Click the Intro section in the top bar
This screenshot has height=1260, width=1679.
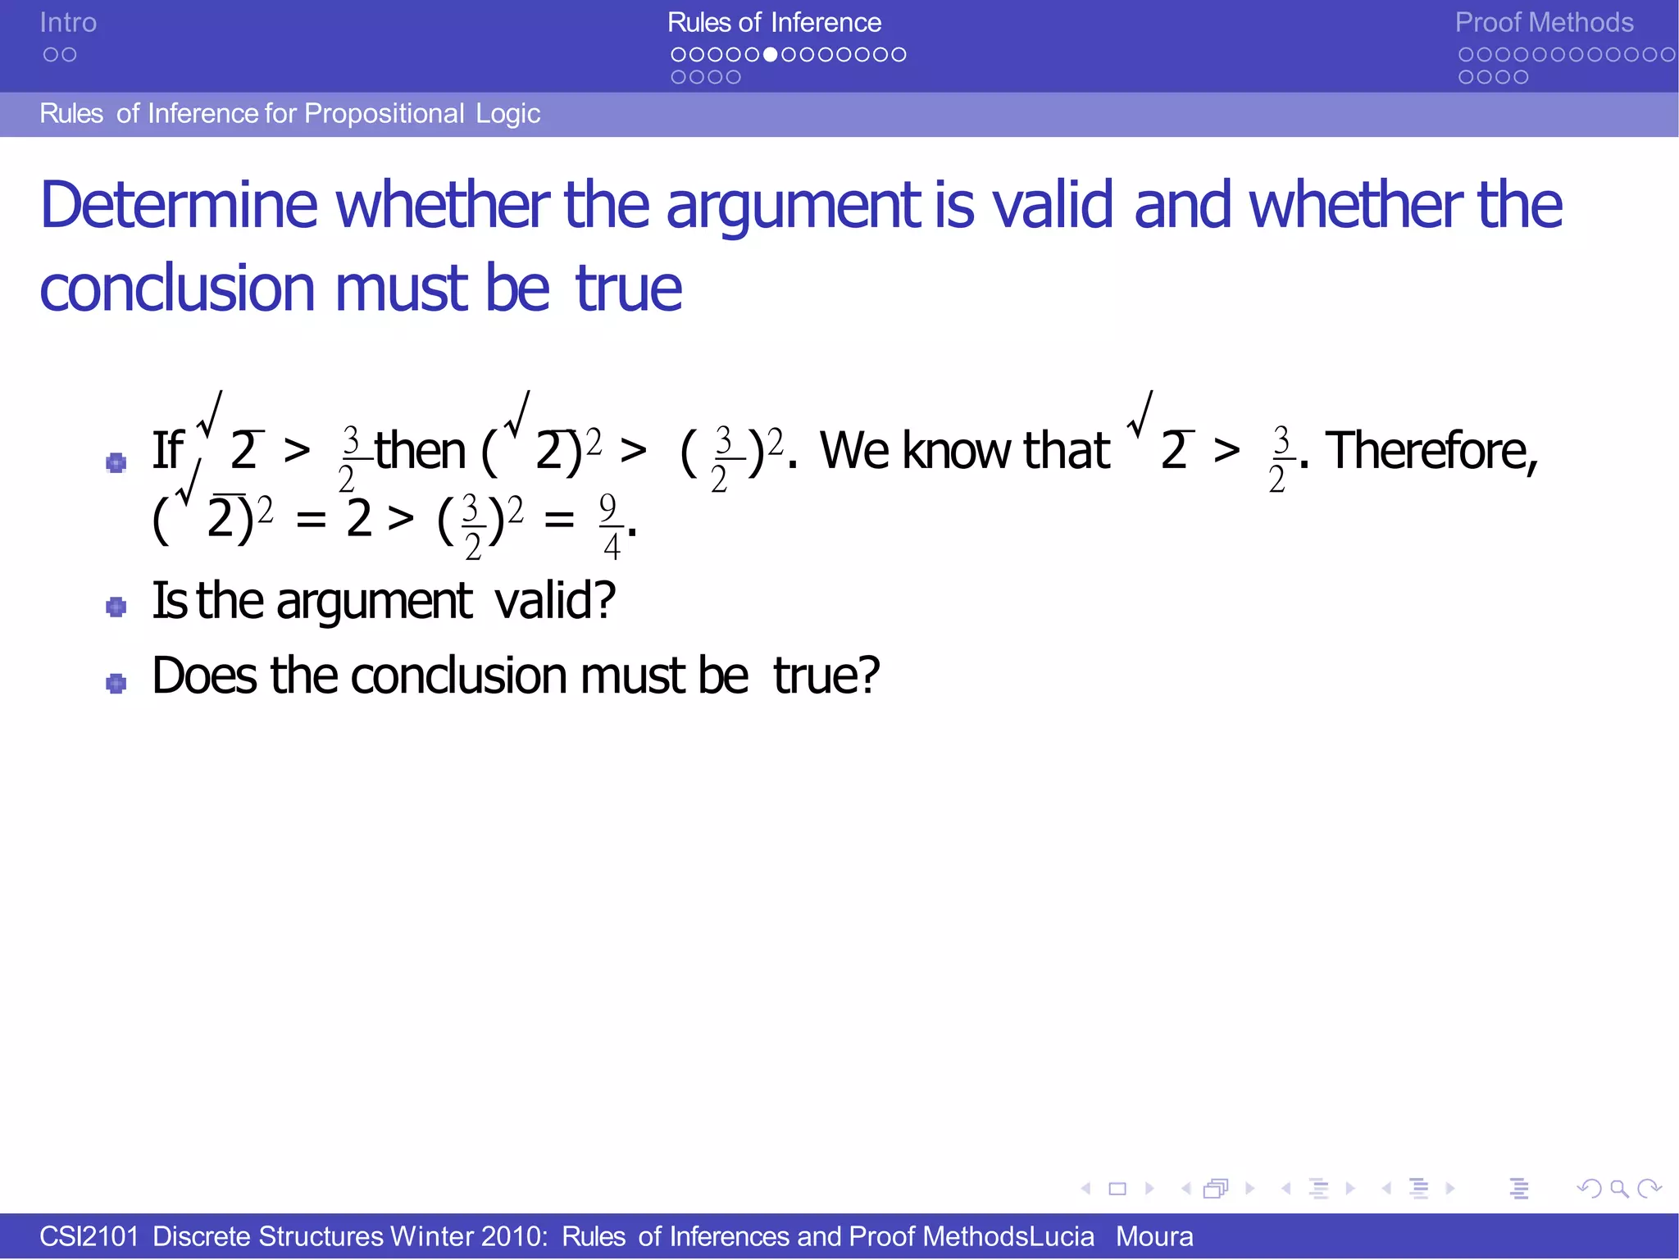click(x=68, y=23)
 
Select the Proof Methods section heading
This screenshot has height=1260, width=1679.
click(x=1544, y=23)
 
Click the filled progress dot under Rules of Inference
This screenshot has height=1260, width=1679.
click(x=770, y=55)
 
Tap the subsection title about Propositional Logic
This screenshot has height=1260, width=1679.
click(x=289, y=114)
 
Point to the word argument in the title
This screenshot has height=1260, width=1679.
click(x=794, y=207)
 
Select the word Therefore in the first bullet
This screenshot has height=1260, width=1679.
click(x=1431, y=451)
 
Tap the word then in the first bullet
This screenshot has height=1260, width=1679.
click(x=421, y=451)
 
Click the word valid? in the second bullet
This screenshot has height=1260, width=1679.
click(x=555, y=601)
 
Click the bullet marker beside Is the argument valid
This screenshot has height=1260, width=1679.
click(x=116, y=607)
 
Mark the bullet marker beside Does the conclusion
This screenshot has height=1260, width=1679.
click(x=116, y=683)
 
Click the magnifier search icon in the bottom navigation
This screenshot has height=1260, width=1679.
click(x=1618, y=1188)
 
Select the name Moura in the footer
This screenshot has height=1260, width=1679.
click(x=1153, y=1236)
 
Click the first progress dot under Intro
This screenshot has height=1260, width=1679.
click(x=51, y=55)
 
